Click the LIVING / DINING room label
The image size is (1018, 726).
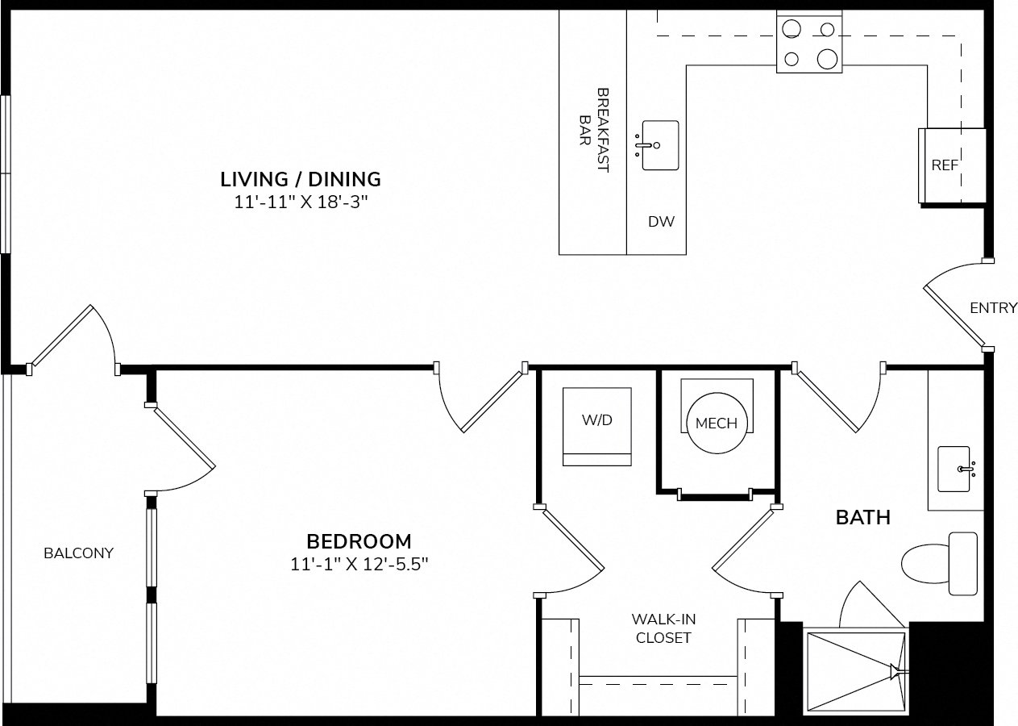[x=301, y=179]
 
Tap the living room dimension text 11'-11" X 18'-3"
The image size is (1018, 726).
[x=301, y=202]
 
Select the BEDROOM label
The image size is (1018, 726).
[x=359, y=541]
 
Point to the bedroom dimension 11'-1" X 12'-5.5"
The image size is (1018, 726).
[x=359, y=564]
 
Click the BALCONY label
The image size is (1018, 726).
[x=79, y=553]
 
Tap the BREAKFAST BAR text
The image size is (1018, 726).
[x=594, y=130]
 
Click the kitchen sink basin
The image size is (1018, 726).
[x=660, y=145]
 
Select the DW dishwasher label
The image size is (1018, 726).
[x=661, y=222]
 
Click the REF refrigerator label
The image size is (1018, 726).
[x=945, y=165]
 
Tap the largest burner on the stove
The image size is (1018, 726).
[x=827, y=59]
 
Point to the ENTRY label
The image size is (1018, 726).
[x=994, y=308]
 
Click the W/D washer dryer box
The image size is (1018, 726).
[x=597, y=426]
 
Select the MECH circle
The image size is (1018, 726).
[x=717, y=423]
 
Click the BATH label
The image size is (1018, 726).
[x=863, y=517]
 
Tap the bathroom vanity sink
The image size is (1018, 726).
[x=954, y=469]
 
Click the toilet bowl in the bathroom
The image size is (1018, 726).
[x=926, y=564]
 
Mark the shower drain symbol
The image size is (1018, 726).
[x=895, y=671]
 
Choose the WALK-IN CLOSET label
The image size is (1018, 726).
[x=663, y=628]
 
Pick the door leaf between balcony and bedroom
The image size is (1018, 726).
[x=184, y=437]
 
